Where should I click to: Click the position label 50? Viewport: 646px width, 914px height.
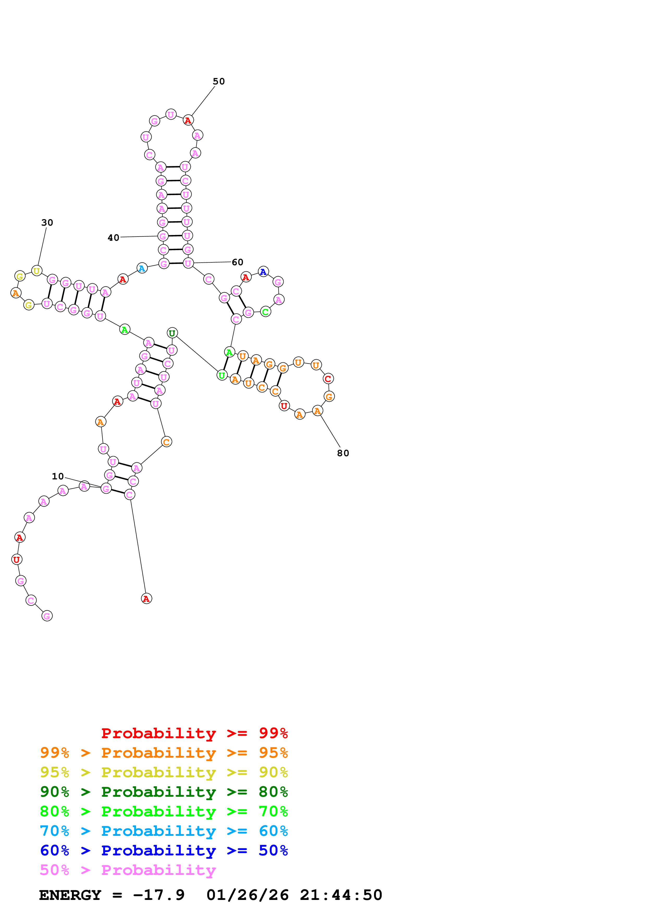click(219, 82)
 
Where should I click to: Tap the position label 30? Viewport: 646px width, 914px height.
click(47, 223)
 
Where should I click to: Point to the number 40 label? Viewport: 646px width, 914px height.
click(113, 238)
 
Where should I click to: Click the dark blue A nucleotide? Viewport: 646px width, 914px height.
click(263, 272)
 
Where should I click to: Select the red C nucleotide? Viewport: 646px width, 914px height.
click(328, 379)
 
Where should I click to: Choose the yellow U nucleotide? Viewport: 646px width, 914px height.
click(37, 271)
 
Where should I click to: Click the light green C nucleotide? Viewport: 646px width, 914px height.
click(266, 312)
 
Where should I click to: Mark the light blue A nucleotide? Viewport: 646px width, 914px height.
click(142, 268)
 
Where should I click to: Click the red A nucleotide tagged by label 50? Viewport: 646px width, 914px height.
click(188, 120)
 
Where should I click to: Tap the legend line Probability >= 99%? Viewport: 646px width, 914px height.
click(194, 733)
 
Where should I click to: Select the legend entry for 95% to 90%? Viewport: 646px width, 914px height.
click(164, 772)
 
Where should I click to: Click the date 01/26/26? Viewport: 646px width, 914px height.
click(248, 895)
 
